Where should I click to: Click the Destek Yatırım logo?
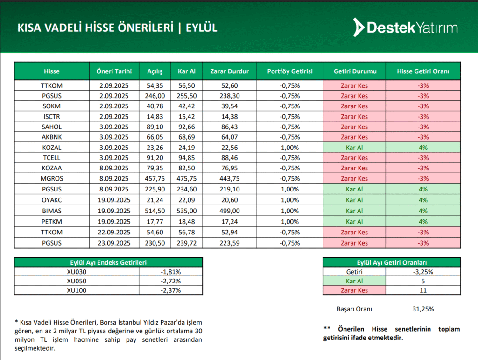pyautogui.click(x=405, y=28)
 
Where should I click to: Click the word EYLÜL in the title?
pyautogui.click(x=202, y=28)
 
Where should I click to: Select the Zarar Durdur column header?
pyautogui.click(x=230, y=71)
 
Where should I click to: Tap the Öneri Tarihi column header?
pyautogui.click(x=114, y=71)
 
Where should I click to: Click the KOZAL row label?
pyautogui.click(x=51, y=148)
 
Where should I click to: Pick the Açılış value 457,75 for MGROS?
pyautogui.click(x=155, y=178)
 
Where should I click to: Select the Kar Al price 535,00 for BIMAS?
pyautogui.click(x=187, y=211)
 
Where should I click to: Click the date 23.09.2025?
pyautogui.click(x=114, y=243)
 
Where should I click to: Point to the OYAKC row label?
pyautogui.click(x=51, y=200)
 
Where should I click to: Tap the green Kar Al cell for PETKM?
pyautogui.click(x=354, y=222)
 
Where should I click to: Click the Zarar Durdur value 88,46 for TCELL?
pyautogui.click(x=230, y=158)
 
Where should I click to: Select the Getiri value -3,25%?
pyautogui.click(x=423, y=272)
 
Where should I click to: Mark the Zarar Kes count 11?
pyautogui.click(x=423, y=290)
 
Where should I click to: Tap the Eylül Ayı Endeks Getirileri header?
pyautogui.click(x=108, y=262)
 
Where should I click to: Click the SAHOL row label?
pyautogui.click(x=51, y=127)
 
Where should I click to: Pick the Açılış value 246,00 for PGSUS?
pyautogui.click(x=155, y=96)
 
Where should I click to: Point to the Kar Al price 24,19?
pyautogui.click(x=187, y=148)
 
